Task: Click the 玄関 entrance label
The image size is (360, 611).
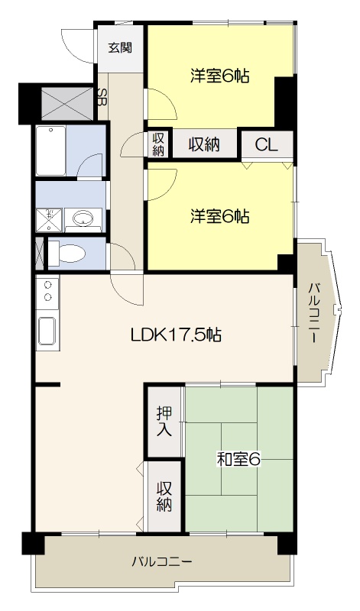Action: coord(119,48)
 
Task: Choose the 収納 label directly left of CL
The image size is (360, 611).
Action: coord(203,144)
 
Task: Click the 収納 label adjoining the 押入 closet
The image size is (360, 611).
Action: coord(164,497)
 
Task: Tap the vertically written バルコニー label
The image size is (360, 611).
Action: coord(314,313)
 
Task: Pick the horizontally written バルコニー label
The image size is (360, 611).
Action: coord(161,561)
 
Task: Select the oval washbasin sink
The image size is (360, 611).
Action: coord(82,220)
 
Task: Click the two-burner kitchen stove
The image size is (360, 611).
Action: coord(47,291)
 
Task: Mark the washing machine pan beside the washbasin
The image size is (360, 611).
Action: coord(48,218)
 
